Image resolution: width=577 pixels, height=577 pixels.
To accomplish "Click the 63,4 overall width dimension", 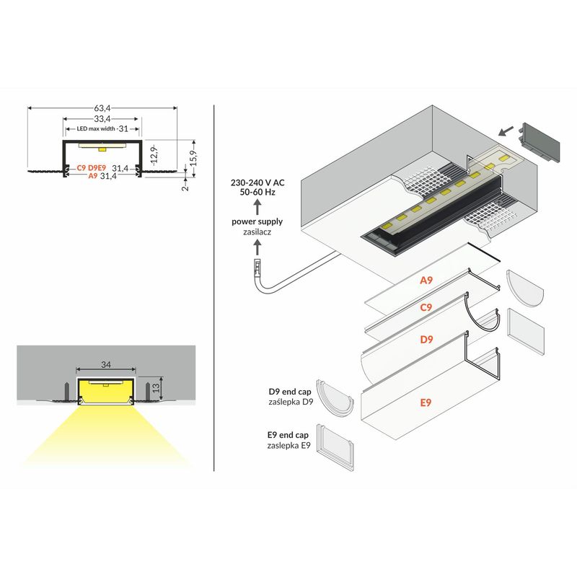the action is click(x=102, y=108).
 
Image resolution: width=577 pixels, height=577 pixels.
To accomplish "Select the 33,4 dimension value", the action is click(x=102, y=119).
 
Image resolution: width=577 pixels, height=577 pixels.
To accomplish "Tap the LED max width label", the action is click(x=96, y=129).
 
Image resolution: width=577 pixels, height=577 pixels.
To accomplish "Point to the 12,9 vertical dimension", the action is click(x=155, y=155).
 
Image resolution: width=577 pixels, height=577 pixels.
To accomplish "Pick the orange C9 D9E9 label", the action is click(x=92, y=168).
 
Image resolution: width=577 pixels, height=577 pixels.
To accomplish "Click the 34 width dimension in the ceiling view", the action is click(x=106, y=364).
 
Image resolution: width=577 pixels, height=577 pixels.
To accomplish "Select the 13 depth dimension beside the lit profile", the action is click(x=156, y=387).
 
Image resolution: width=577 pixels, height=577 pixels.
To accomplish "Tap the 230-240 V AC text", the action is click(x=257, y=182).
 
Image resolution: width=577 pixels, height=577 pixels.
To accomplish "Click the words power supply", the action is click(x=257, y=222).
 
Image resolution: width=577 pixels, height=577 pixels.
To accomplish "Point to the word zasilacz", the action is click(x=257, y=232).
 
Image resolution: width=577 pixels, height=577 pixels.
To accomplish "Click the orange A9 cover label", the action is click(x=426, y=281).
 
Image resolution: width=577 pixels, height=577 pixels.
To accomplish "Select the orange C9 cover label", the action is click(x=426, y=307).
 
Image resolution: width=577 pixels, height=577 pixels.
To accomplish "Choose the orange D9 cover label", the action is click(x=426, y=339).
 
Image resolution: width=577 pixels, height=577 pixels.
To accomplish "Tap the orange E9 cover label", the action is click(x=426, y=402).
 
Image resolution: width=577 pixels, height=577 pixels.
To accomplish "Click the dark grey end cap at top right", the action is click(x=539, y=141).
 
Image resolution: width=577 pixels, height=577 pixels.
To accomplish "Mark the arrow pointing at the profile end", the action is click(x=506, y=131).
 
